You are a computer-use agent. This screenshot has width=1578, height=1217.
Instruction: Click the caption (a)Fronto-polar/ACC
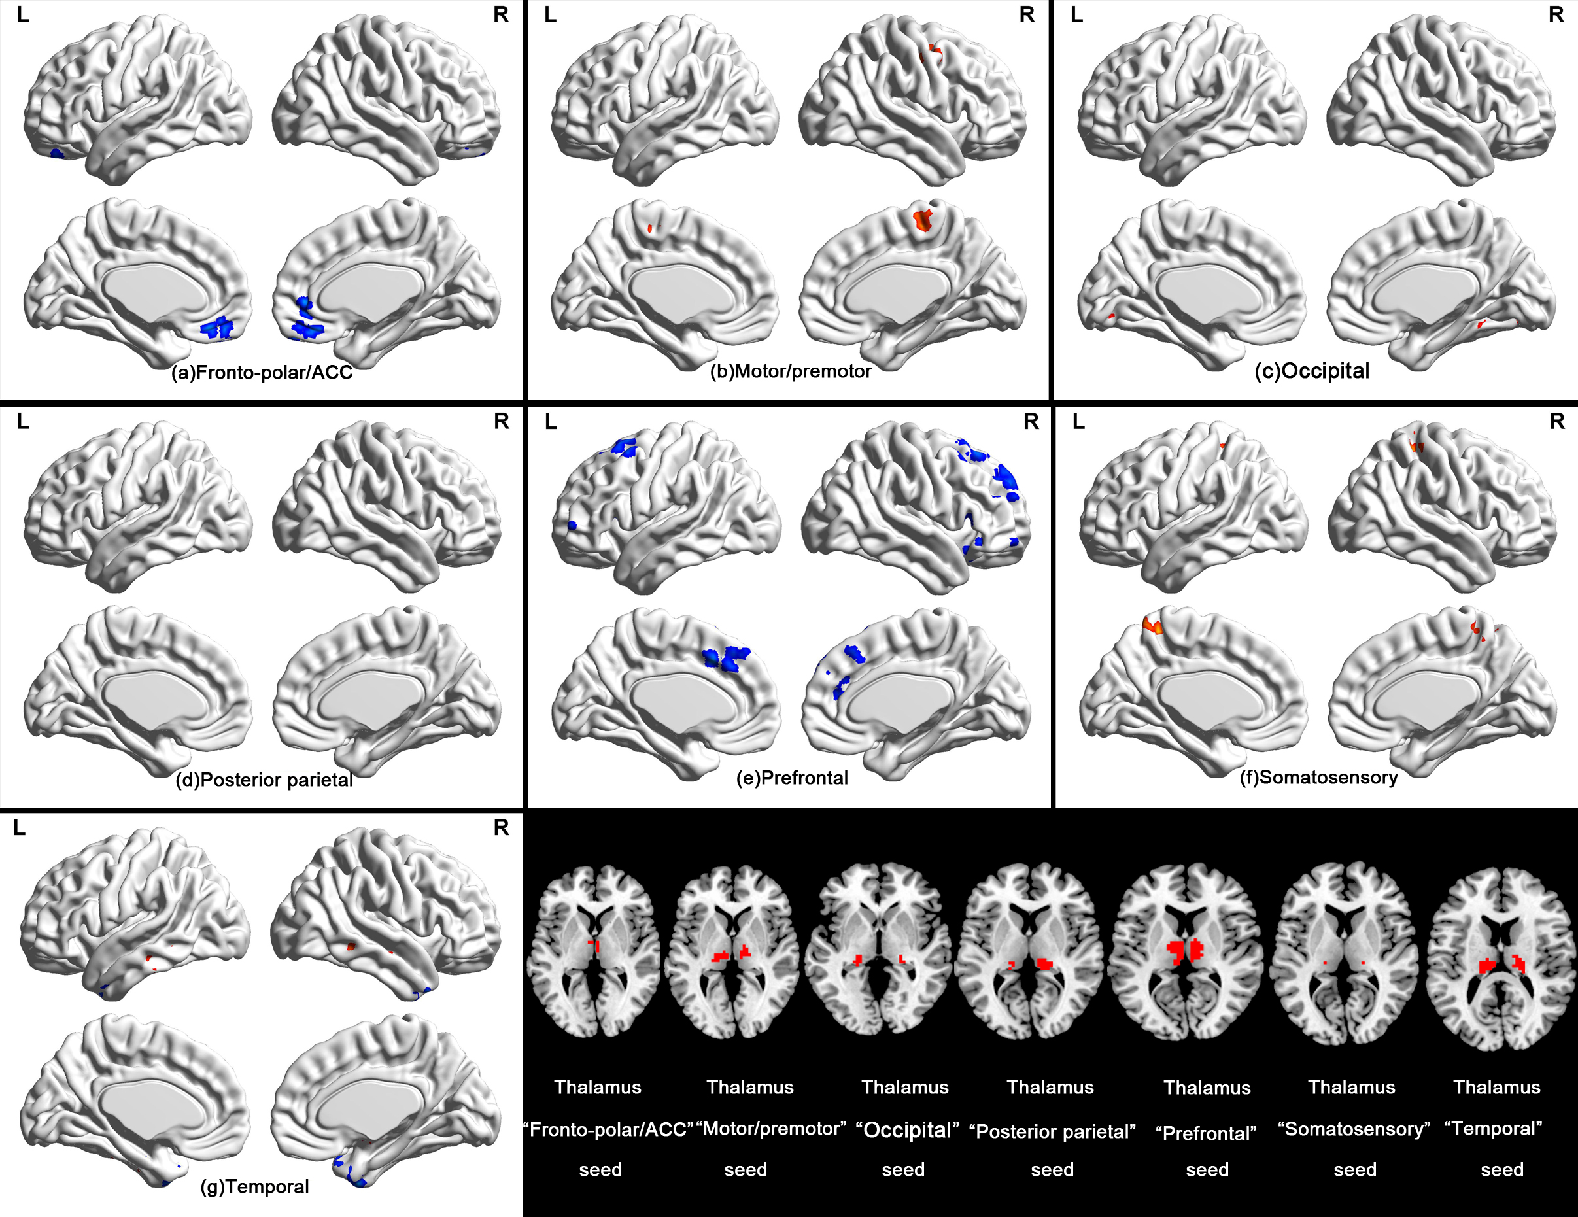pos(262,372)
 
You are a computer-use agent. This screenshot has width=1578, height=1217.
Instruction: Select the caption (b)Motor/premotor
pos(791,371)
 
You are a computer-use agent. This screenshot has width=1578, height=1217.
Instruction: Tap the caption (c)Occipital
pos(1311,371)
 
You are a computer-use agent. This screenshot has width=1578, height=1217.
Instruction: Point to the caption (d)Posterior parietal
pos(264,780)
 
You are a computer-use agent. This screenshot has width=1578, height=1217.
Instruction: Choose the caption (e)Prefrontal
pos(792,778)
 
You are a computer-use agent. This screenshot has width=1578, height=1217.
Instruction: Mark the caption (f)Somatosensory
pos(1318,777)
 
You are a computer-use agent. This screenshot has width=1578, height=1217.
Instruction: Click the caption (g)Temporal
pos(254,1187)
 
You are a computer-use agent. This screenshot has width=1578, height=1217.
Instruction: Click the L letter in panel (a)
pos(23,15)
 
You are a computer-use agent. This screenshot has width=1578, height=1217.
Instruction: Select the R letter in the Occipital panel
pos(1556,15)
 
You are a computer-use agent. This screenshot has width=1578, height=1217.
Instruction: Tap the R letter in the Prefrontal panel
pos(1031,421)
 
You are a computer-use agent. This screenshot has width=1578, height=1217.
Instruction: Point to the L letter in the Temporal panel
pos(20,828)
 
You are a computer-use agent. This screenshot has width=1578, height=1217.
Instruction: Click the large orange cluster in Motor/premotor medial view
pos(923,219)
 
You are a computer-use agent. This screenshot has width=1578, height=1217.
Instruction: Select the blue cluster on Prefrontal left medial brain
pos(726,659)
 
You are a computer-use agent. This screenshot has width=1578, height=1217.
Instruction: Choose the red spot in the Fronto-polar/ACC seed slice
pos(594,944)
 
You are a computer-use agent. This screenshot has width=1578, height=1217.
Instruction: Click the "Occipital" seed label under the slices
pos(907,1130)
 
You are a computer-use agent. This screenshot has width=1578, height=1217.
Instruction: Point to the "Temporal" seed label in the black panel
pos(1494,1129)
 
